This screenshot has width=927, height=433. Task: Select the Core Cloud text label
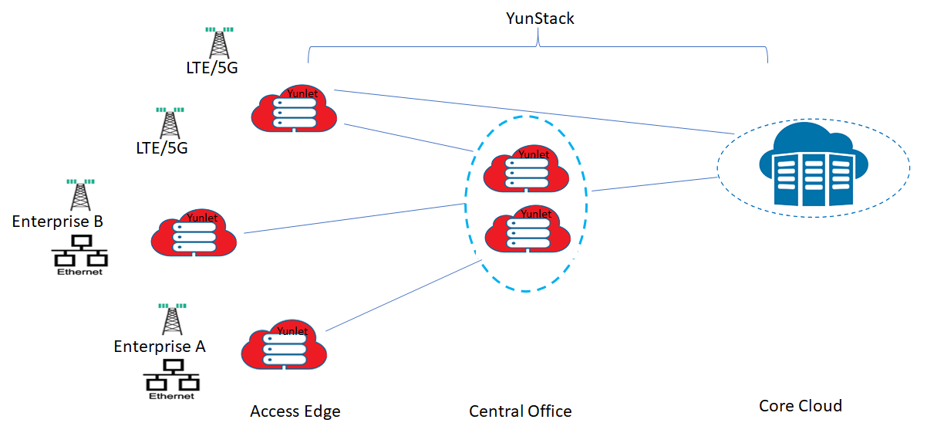[x=800, y=406]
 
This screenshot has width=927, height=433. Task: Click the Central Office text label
[x=521, y=411]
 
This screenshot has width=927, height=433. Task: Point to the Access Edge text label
[x=295, y=411]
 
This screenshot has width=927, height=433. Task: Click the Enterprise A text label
[x=160, y=347]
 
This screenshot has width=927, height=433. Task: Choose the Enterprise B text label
[x=58, y=222]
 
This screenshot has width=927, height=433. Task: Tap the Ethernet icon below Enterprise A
[x=171, y=381]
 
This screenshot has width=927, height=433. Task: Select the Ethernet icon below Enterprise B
[x=79, y=254]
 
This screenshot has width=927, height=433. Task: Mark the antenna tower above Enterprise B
[x=79, y=195]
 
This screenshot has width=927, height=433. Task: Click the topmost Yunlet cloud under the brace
[x=295, y=109]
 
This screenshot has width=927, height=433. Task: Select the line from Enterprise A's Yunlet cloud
[x=401, y=296]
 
